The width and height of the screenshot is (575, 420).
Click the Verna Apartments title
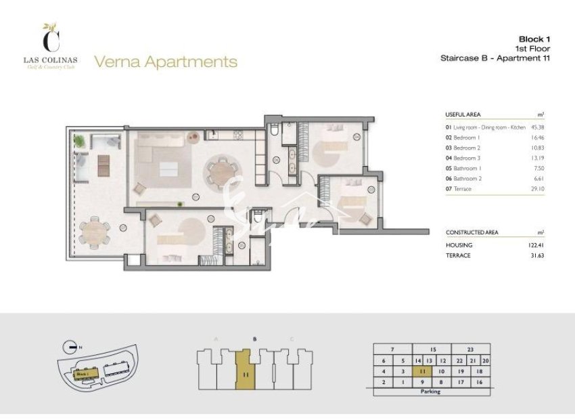166,62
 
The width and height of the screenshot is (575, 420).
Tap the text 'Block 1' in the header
534,39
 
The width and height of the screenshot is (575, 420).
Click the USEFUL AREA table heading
463,114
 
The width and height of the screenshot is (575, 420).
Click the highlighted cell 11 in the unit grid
421,371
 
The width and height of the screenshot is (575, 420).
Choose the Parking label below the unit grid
430,392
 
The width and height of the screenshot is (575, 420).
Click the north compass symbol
67,346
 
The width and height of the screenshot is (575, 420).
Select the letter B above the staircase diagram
254,339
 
